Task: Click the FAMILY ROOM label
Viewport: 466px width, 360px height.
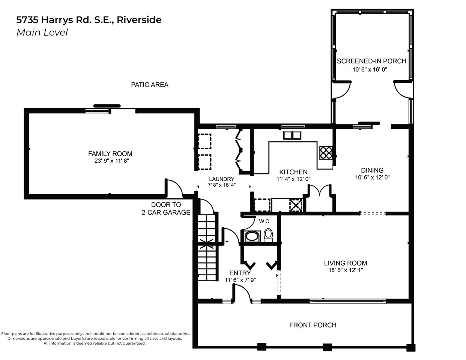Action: click(110, 154)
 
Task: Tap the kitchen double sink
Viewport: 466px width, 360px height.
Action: click(292, 135)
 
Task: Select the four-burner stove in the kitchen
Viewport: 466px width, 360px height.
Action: click(326, 153)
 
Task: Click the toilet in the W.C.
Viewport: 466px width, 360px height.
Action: click(268, 235)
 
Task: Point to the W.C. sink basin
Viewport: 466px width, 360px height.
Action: click(252, 237)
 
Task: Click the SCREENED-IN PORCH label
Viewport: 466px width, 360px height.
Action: click(371, 61)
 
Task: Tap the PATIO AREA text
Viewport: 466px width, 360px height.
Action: click(150, 85)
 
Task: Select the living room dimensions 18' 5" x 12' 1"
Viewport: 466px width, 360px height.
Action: click(346, 270)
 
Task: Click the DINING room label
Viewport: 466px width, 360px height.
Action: click(372, 170)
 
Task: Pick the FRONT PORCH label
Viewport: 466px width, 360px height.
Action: click(313, 325)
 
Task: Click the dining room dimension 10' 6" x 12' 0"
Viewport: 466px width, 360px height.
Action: click(372, 177)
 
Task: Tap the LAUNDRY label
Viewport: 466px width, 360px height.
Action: click(222, 179)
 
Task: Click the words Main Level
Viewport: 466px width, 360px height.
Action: click(42, 33)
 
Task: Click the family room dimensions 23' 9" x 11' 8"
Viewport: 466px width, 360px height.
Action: click(111, 161)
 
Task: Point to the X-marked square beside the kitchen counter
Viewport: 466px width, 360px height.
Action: click(296, 205)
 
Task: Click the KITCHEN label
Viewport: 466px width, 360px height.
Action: click(293, 172)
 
